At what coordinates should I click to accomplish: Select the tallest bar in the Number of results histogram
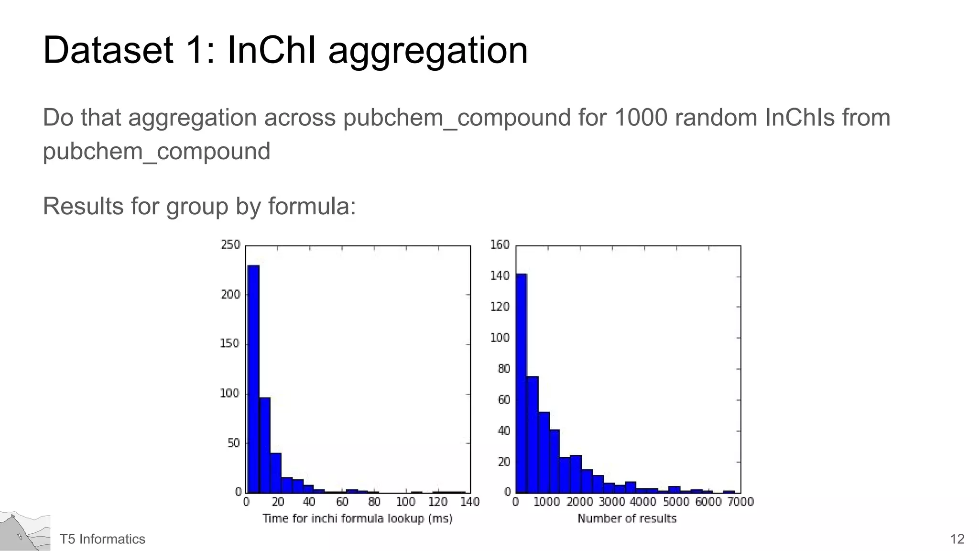521,383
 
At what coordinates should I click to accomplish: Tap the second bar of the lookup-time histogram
265,445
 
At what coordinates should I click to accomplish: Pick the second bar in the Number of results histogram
533,434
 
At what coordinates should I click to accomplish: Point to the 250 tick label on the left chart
230,245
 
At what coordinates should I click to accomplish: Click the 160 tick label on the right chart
500,245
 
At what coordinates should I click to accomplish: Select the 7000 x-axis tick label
741,502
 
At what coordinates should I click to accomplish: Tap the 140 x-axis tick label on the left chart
470,502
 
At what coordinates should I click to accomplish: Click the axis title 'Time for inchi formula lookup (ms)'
358,518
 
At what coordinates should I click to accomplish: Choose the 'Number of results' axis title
627,518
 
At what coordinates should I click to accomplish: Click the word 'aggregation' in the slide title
428,51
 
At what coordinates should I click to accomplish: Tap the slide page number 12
957,539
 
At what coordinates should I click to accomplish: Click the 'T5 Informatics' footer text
102,539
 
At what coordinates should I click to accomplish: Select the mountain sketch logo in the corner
24,531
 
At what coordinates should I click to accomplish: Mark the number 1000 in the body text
640,118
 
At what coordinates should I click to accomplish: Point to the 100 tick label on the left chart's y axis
230,394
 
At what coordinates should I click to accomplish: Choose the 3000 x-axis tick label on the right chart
612,502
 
